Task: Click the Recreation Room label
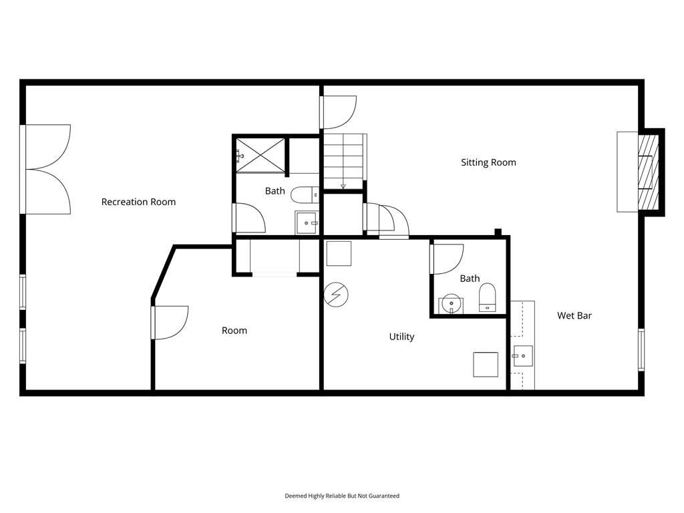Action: tap(138, 202)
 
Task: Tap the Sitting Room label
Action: tap(488, 162)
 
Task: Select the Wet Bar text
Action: tap(574, 315)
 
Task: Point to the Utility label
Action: tap(401, 337)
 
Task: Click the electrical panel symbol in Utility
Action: tap(337, 295)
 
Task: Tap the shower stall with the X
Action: tap(261, 155)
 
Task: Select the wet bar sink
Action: tap(522, 357)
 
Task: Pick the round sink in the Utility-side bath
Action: tap(451, 304)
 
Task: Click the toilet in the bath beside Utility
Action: tap(487, 297)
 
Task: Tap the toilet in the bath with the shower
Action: tap(305, 194)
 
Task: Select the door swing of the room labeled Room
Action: tap(171, 323)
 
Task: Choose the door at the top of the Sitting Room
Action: tap(339, 112)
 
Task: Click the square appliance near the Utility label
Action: tap(486, 365)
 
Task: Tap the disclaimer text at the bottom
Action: tap(342, 496)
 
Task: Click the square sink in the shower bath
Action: tap(307, 223)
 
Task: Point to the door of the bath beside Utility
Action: tap(447, 259)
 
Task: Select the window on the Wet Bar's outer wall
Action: tap(641, 349)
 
